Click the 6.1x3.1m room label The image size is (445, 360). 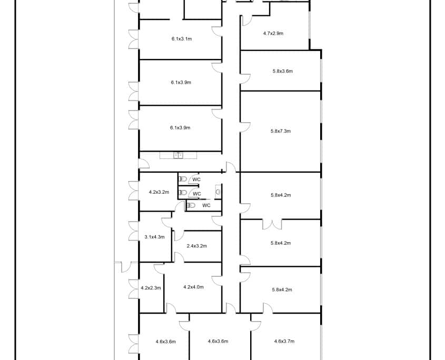(x=182, y=39)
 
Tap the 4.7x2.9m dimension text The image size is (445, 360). (x=273, y=33)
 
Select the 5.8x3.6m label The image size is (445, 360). (x=283, y=71)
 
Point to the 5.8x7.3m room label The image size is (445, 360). (x=281, y=131)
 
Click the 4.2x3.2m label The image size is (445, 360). (x=159, y=192)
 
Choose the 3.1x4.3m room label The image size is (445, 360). (x=154, y=237)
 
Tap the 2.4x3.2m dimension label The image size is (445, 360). (x=196, y=246)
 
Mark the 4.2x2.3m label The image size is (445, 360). (x=151, y=288)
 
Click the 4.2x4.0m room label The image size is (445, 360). (x=194, y=287)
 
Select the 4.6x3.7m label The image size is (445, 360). (x=284, y=341)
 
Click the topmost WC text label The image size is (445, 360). (x=196, y=179)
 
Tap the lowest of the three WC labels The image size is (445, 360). (x=206, y=205)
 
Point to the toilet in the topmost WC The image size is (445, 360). (x=183, y=179)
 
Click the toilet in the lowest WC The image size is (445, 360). (x=191, y=205)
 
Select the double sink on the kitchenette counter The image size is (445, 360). (x=178, y=155)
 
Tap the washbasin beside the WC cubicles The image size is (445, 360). (x=218, y=192)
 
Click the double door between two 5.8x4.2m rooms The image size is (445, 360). (x=272, y=224)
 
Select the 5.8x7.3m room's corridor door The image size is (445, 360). (x=245, y=127)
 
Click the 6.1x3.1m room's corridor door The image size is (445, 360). (x=217, y=32)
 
